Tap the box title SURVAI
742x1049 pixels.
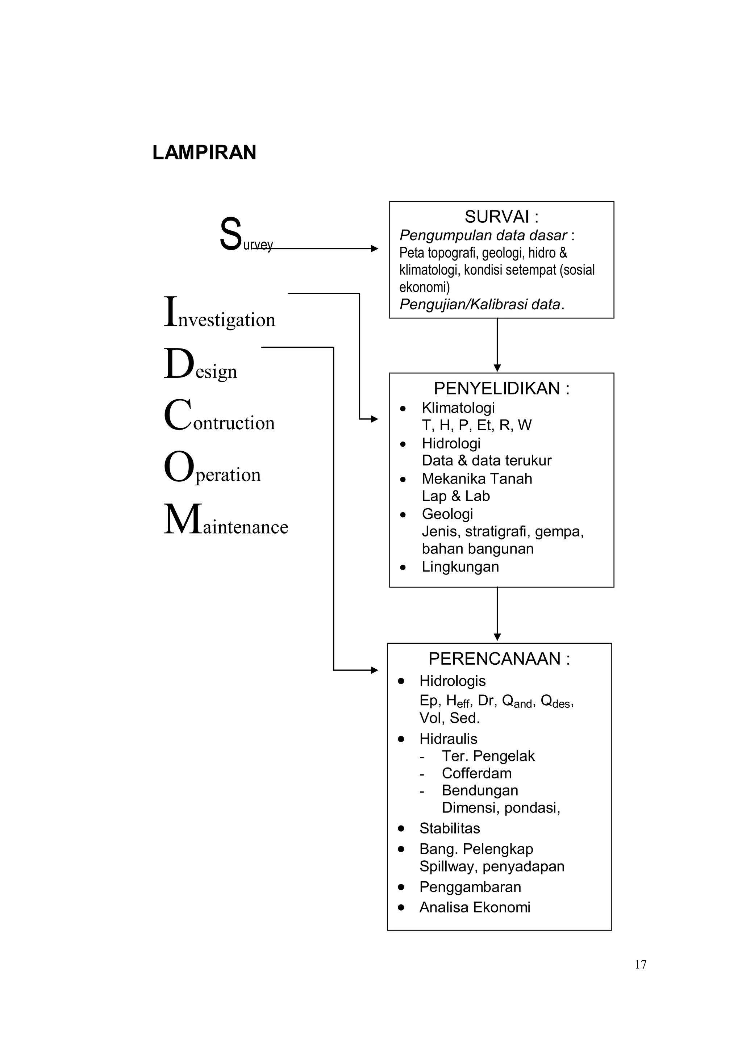(x=501, y=217)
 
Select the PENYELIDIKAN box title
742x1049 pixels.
(x=501, y=388)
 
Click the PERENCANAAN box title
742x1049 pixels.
(x=499, y=659)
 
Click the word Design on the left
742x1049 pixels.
(x=201, y=365)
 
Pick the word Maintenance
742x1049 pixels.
(x=226, y=521)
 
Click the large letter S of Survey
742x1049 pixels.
(x=230, y=234)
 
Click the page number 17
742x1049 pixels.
(x=640, y=965)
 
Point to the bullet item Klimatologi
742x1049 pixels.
(x=458, y=408)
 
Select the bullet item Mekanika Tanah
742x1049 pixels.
(x=476, y=478)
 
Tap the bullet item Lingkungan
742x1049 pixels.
(x=460, y=567)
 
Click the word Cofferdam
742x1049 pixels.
(x=476, y=773)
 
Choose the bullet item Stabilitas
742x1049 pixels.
(x=450, y=828)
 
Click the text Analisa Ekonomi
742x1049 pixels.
(x=475, y=907)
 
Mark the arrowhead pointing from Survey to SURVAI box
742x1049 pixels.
(x=375, y=248)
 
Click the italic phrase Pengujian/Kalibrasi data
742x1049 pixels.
(x=480, y=304)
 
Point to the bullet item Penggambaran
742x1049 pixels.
(x=470, y=887)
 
